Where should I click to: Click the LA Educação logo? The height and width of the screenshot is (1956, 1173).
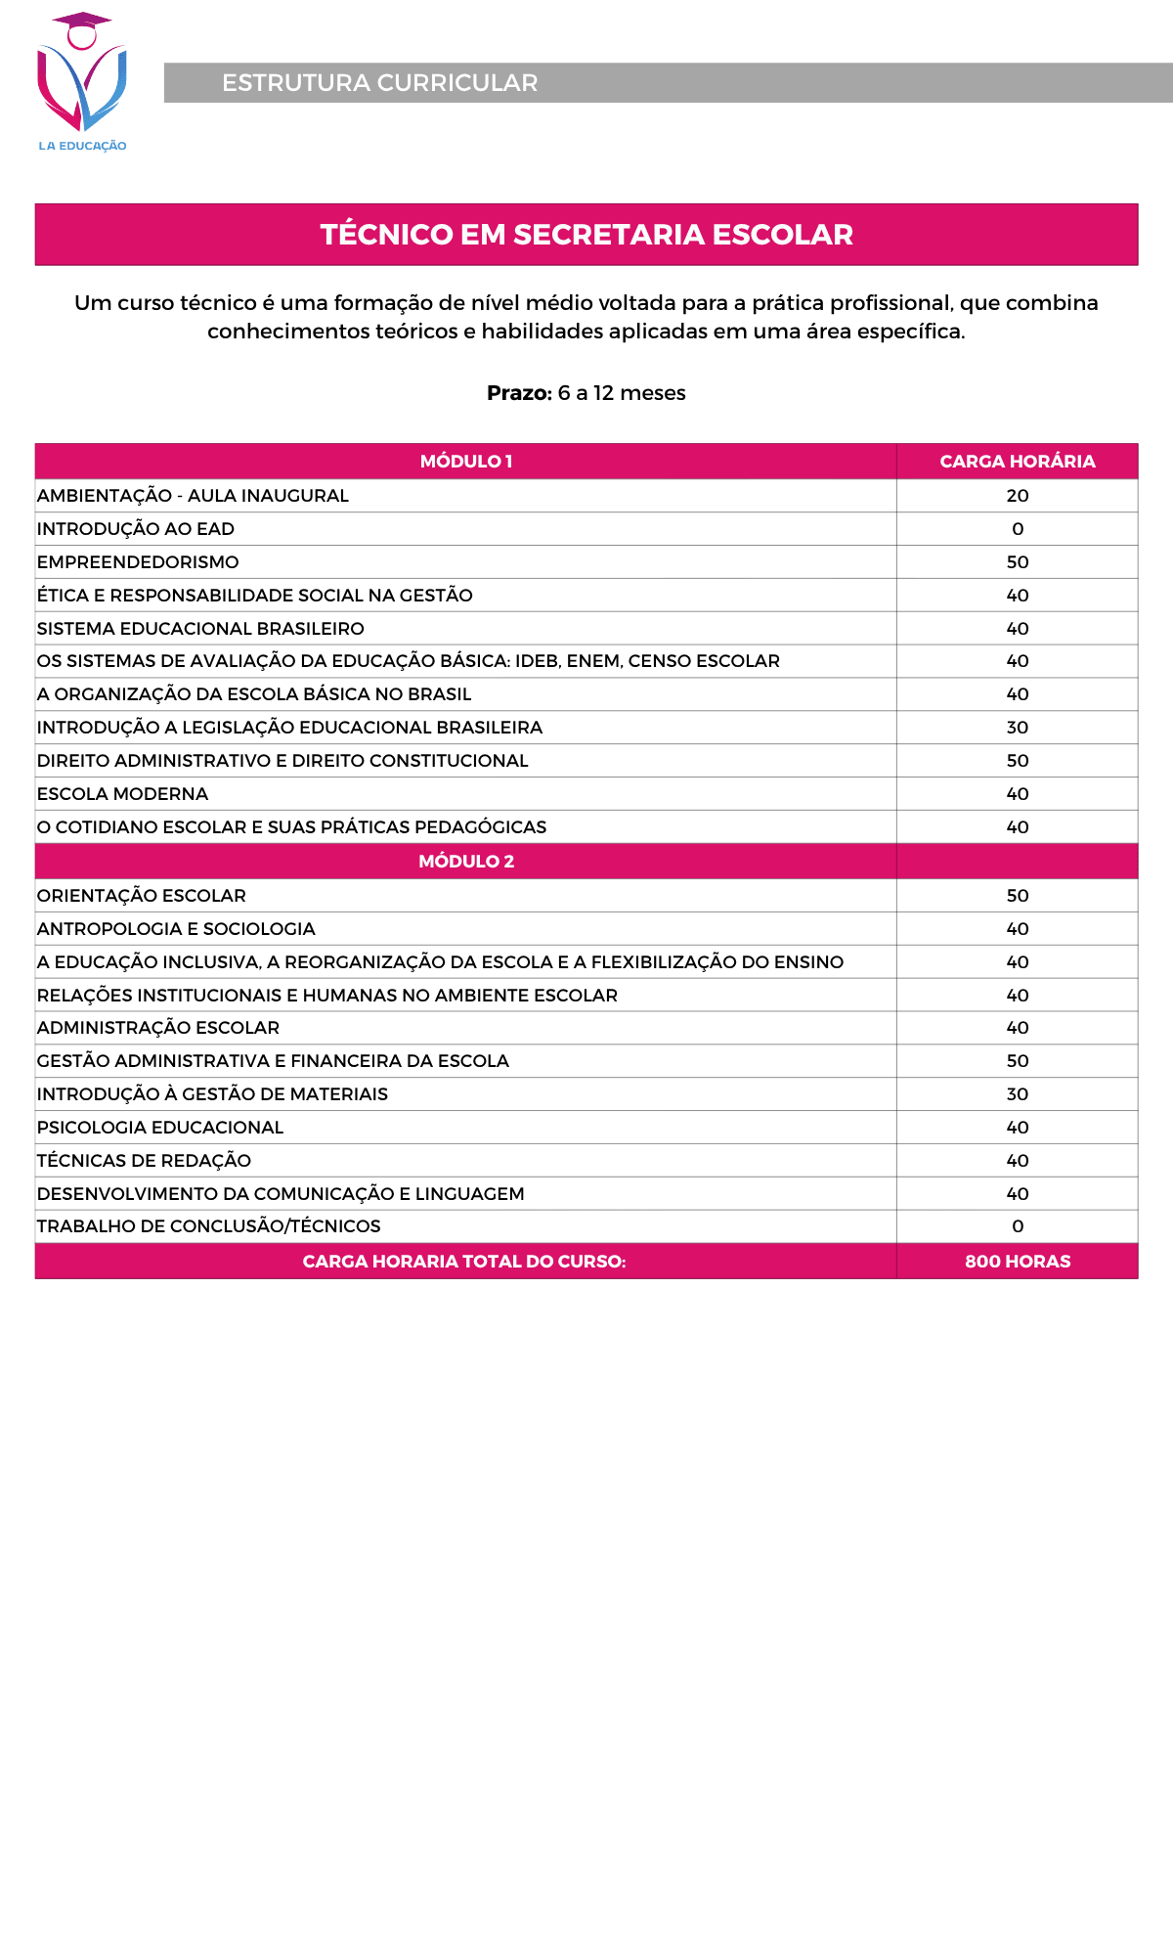(82, 82)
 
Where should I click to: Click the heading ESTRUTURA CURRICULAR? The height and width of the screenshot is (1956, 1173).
(379, 83)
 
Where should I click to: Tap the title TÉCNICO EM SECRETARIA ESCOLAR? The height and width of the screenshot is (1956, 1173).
(586, 235)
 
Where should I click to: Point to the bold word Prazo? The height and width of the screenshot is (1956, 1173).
(519, 393)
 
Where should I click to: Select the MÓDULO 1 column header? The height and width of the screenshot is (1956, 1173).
(465, 462)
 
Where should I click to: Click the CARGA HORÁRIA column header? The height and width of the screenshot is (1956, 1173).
(1017, 462)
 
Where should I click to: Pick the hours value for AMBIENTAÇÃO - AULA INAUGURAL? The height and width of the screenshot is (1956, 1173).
(1017, 496)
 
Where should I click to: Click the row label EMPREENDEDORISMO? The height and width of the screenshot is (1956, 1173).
(138, 562)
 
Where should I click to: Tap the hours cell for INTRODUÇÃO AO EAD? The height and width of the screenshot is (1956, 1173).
(1017, 529)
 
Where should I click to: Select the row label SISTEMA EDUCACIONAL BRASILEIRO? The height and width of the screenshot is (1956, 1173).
(200, 629)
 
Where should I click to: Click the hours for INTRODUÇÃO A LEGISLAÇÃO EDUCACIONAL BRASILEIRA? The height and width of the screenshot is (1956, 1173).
(1017, 728)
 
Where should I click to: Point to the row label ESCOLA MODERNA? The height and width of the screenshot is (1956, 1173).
(123, 794)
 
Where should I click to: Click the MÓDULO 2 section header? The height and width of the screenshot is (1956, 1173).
(465, 862)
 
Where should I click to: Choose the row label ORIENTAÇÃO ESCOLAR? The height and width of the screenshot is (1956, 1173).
(142, 896)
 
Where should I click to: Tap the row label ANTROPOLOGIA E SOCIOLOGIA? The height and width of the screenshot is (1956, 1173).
(176, 929)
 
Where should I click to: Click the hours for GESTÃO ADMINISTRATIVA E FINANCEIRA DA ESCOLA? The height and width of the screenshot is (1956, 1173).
(1017, 1061)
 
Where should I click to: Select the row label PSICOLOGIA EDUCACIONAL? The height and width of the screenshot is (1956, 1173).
(160, 1128)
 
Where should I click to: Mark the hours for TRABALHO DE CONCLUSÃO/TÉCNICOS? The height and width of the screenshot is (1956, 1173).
(1017, 1226)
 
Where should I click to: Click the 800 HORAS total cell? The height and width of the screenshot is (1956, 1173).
(1017, 1262)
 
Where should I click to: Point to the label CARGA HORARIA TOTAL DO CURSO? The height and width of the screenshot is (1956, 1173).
(464, 1262)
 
